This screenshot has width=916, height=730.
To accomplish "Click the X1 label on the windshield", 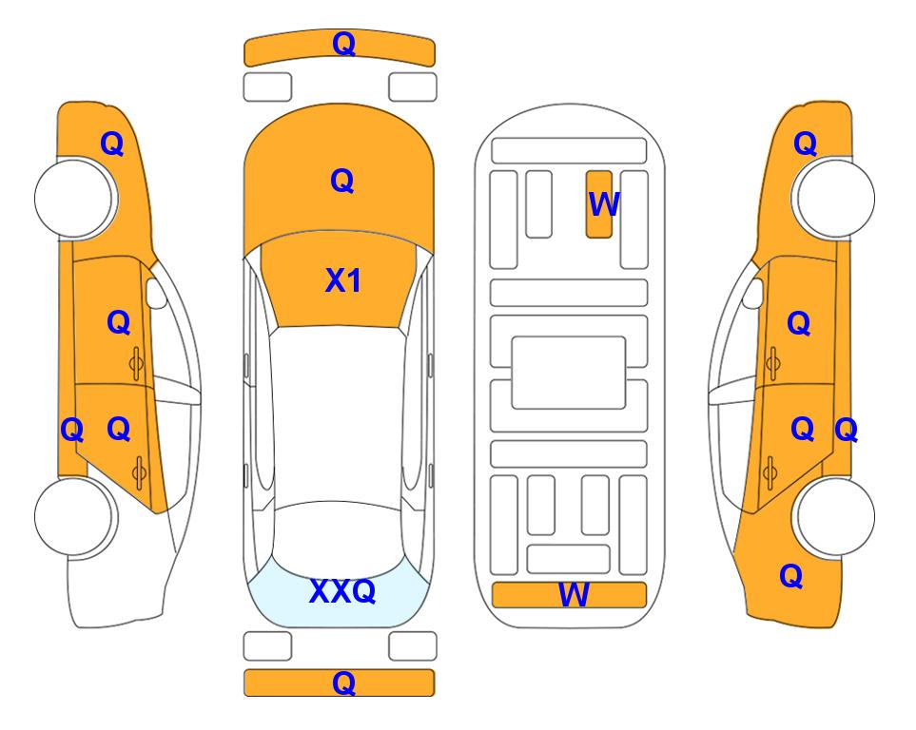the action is pyautogui.click(x=343, y=280).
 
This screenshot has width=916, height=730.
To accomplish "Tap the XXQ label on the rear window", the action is pyautogui.click(x=342, y=591).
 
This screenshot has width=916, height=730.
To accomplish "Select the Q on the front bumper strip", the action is pyautogui.click(x=343, y=44).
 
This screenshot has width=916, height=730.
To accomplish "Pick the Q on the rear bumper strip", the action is pyautogui.click(x=343, y=682).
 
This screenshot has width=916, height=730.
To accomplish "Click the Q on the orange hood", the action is pyautogui.click(x=342, y=181).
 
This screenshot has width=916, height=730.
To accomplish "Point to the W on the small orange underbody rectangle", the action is pyautogui.click(x=604, y=203).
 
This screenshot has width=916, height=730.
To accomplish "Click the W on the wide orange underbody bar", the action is pyautogui.click(x=573, y=595).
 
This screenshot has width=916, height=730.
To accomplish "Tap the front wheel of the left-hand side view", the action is pyautogui.click(x=73, y=199).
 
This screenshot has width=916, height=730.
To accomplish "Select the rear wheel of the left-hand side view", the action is pyautogui.click(x=73, y=516).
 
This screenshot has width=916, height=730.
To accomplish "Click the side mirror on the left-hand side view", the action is pyautogui.click(x=156, y=293).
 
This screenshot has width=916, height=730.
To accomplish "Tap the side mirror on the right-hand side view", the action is pyautogui.click(x=752, y=293).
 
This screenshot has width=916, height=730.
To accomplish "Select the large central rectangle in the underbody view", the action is pyautogui.click(x=569, y=373).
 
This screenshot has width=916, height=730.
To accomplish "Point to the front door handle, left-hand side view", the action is pyautogui.click(x=136, y=363).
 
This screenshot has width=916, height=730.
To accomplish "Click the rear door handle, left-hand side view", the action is pyautogui.click(x=139, y=472).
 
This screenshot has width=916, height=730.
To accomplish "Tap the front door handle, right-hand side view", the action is pyautogui.click(x=773, y=363).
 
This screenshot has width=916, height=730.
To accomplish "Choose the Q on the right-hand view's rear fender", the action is pyautogui.click(x=791, y=576).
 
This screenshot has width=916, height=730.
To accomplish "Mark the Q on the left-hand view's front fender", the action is pyautogui.click(x=112, y=144).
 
